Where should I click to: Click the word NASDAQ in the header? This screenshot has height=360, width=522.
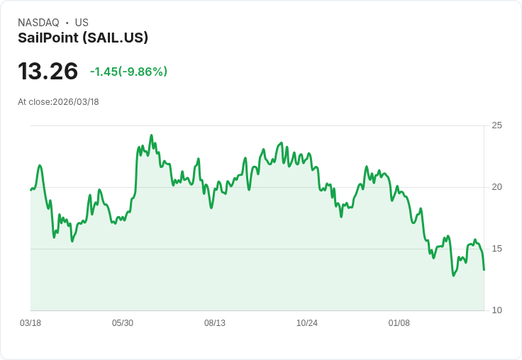pos(38,23)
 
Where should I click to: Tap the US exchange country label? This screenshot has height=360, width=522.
pos(82,23)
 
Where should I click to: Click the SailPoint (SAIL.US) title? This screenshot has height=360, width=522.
pos(83,38)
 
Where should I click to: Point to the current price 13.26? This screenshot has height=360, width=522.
pos(48,72)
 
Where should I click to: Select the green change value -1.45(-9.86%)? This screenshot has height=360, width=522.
pos(128,72)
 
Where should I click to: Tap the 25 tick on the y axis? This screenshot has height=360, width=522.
pos(497,125)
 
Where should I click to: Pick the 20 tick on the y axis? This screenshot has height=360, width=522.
pos(497,187)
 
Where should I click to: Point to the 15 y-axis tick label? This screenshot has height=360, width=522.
pos(497,249)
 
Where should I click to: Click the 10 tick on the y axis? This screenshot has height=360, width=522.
pos(497,310)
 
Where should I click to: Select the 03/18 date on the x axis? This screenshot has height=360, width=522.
pos(30,323)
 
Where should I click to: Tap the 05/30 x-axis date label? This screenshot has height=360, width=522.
pos(123,323)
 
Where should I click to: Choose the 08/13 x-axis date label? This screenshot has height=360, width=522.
pos(215,323)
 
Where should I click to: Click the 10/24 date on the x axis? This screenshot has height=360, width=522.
pos(307,323)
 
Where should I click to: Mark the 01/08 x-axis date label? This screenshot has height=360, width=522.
pos(399,323)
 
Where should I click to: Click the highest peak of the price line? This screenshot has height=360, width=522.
pos(151,135)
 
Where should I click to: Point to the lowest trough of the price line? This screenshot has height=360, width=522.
pos(453,275)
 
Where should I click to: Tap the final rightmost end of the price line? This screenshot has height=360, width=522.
pos(484,269)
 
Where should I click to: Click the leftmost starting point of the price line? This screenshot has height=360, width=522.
pos(30,190)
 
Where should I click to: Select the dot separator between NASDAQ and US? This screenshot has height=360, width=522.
pos(67,23)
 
